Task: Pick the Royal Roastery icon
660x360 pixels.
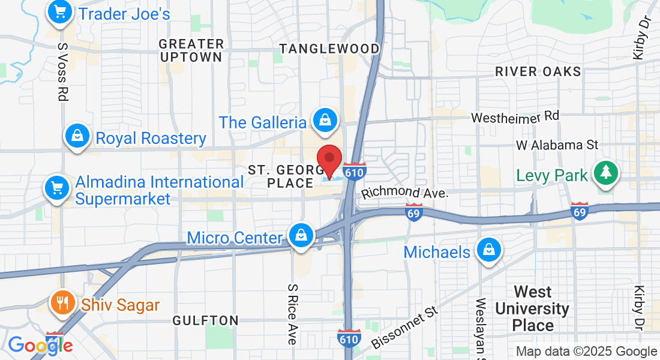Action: tap(77, 137)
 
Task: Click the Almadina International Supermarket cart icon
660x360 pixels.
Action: tap(58, 188)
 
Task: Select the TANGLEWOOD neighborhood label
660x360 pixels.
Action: tap(329, 49)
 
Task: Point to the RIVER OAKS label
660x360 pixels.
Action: tap(538, 72)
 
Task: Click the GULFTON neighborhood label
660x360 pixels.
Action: tap(205, 321)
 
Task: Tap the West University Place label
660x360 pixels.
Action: tap(533, 309)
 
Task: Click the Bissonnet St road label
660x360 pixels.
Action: tap(405, 327)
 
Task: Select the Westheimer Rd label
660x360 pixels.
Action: tap(515, 117)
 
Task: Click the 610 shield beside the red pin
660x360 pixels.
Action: tap(356, 172)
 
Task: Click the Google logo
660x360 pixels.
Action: tap(40, 345)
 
